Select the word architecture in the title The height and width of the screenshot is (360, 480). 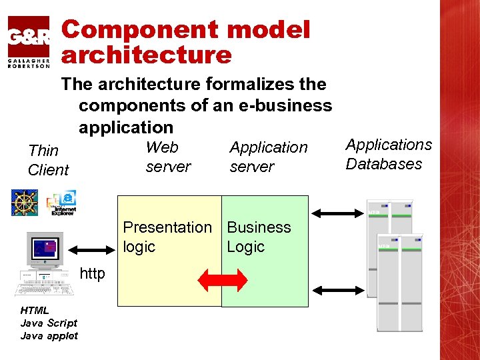(x=147, y=55)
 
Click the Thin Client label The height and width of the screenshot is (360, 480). (x=48, y=160)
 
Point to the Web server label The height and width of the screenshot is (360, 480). (x=167, y=157)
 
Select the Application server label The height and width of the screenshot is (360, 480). (x=268, y=157)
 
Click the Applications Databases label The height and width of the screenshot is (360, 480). (x=388, y=154)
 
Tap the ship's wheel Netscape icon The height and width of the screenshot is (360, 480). (x=24, y=203)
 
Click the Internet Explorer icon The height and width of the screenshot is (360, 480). (x=62, y=203)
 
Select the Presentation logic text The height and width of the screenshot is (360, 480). (x=167, y=237)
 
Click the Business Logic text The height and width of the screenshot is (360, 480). (x=259, y=237)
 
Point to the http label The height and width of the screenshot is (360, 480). (x=93, y=273)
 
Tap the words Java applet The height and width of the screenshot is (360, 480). (x=49, y=335)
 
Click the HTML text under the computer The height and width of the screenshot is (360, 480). (x=34, y=310)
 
